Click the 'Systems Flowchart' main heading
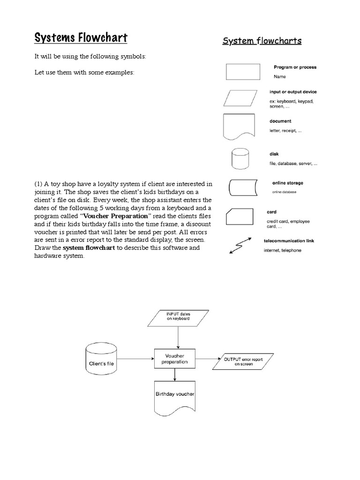(81, 37)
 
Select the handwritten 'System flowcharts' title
(262, 41)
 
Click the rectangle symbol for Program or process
(243, 72)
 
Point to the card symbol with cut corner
(242, 217)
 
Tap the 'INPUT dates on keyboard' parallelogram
(178, 318)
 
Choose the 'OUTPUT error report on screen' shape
(243, 361)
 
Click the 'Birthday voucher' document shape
(174, 397)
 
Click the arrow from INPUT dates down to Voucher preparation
(178, 337)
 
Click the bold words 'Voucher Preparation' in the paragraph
(116, 216)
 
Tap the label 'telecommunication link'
(289, 241)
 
